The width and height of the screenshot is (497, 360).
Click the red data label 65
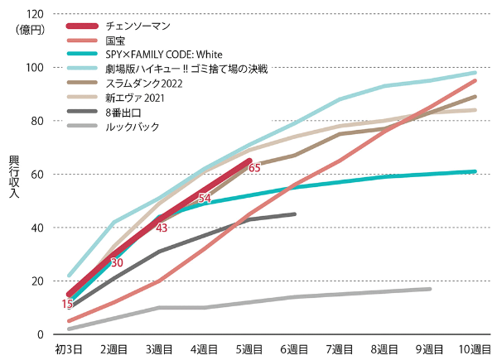[x=254, y=168]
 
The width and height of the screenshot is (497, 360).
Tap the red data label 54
[x=205, y=198]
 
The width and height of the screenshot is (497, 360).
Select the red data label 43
[x=162, y=228]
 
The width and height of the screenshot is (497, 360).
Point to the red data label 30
[x=118, y=262]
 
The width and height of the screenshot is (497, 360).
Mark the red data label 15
[x=67, y=305]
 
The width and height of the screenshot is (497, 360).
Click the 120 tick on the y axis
[x=35, y=14]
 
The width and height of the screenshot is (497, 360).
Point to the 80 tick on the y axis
[x=37, y=121]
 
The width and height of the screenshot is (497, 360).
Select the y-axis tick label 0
[x=41, y=334]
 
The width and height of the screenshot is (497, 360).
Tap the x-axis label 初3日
[x=68, y=350]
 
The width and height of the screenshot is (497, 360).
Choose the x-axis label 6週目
[x=295, y=350]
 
